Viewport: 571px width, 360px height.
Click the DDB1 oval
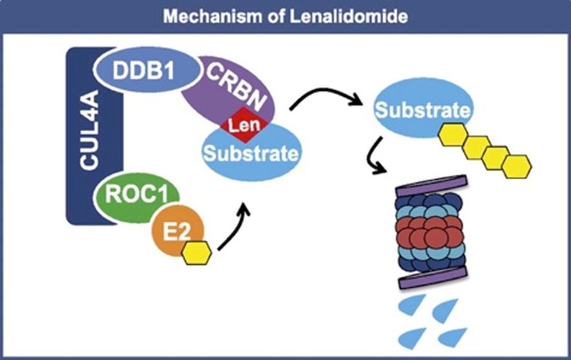[146, 69]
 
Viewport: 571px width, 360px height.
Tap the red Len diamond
[245, 125]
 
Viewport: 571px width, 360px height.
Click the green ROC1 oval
[136, 197]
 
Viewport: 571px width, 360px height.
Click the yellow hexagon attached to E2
[197, 253]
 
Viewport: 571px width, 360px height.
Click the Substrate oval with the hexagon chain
[423, 108]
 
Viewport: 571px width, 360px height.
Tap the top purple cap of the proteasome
[432, 186]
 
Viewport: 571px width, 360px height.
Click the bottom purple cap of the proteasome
[434, 279]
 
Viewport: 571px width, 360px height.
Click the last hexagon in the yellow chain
[517, 166]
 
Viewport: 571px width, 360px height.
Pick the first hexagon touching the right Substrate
[453, 135]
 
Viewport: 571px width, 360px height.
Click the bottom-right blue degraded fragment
[454, 337]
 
